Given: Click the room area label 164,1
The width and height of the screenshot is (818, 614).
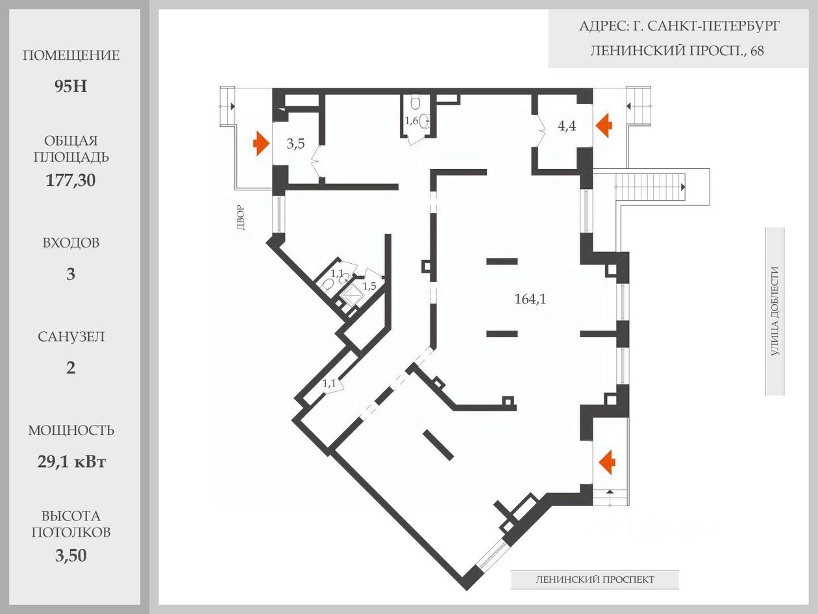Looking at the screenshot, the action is tap(530, 299).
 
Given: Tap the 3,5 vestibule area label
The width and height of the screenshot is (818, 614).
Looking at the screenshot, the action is tap(295, 144).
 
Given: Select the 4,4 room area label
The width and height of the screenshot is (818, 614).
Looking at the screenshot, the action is tap(567, 126).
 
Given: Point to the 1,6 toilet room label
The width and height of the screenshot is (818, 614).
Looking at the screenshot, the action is tap(412, 121).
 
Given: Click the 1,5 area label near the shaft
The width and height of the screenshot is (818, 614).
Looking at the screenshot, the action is tap(369, 286).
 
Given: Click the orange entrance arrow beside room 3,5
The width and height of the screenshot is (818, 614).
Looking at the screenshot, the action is tap(261, 143).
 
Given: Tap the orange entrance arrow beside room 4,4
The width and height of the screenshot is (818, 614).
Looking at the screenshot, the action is tap(604, 125).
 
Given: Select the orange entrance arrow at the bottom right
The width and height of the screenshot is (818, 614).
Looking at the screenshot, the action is tap(607, 462).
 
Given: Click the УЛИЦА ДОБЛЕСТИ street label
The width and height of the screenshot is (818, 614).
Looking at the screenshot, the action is tap(775, 311).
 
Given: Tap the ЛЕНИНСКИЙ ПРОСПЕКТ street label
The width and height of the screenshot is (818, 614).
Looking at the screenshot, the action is tap(595, 580).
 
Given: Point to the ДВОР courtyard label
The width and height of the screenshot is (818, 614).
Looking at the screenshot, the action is tap(241, 218).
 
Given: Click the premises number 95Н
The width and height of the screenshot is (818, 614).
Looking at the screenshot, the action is tap(71, 86).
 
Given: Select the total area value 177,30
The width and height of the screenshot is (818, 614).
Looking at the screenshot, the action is tap(71, 180).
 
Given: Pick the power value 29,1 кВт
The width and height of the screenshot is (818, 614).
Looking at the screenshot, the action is tap(71, 462).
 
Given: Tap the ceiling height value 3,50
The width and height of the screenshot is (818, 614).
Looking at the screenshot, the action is tap(71, 556).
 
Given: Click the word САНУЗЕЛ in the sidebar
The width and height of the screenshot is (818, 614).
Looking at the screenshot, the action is tap(71, 337).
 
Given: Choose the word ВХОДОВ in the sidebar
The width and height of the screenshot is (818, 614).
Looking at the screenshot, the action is tap(71, 243).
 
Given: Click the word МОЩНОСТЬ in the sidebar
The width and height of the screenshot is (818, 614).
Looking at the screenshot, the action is tap(71, 430).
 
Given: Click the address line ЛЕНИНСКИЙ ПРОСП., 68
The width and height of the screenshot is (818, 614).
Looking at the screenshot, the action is tap(677, 50).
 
